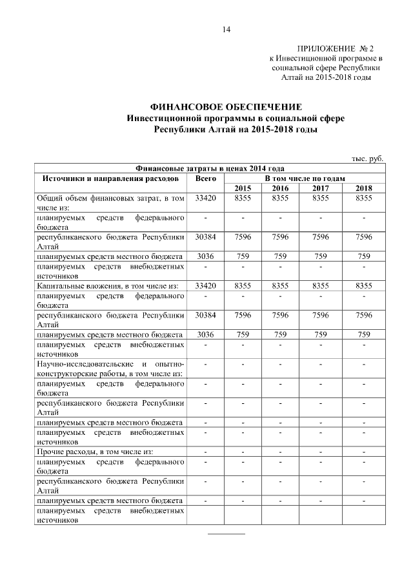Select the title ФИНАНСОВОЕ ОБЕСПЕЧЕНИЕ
(x=225, y=107)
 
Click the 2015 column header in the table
(x=243, y=188)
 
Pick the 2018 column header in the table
(x=364, y=188)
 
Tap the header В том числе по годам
(x=305, y=178)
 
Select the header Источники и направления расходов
(x=110, y=178)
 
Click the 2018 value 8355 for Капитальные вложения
(x=364, y=285)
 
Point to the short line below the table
(x=226, y=534)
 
